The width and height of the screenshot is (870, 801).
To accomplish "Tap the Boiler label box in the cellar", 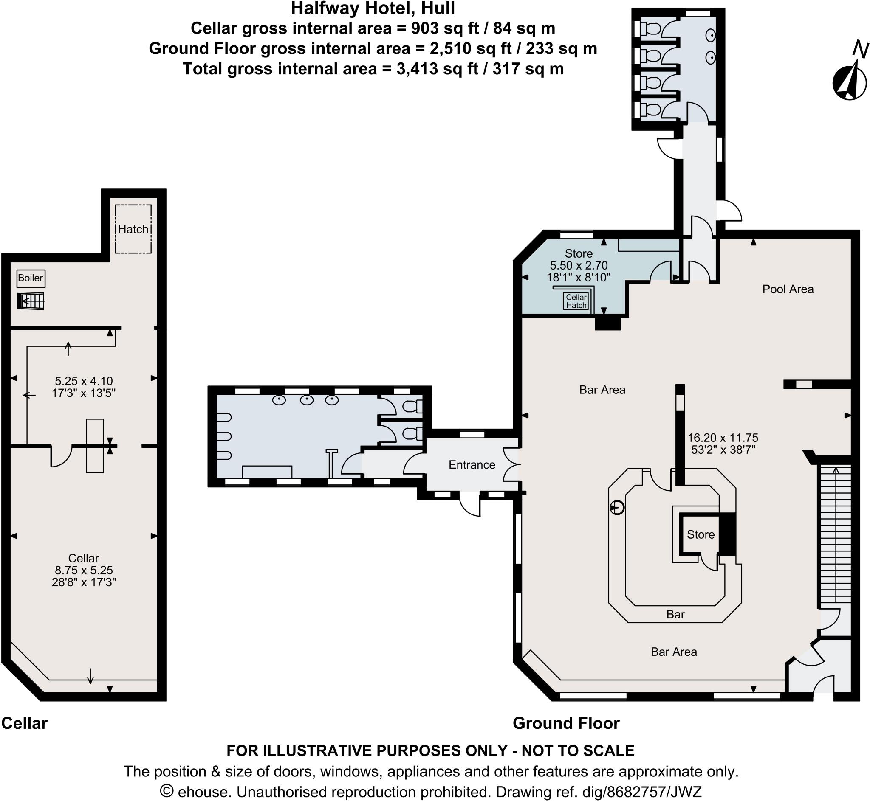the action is click(31, 278).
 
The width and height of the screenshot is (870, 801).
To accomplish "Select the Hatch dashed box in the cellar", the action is click(133, 229).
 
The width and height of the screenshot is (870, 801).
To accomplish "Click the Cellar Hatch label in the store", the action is click(576, 301).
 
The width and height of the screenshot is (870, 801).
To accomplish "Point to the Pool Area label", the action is click(788, 289).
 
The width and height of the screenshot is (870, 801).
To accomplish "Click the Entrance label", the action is click(472, 465).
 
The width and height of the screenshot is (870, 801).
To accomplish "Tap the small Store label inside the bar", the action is click(701, 534).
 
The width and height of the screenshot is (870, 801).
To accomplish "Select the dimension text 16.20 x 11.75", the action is click(723, 438).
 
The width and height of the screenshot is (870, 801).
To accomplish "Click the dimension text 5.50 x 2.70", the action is click(579, 265).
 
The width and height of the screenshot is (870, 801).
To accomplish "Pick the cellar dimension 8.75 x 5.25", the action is click(84, 570).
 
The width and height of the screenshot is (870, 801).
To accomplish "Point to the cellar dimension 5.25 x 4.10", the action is click(84, 381).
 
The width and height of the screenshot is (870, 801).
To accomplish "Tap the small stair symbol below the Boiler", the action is click(31, 301).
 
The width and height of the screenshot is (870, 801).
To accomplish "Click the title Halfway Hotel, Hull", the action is click(373, 8).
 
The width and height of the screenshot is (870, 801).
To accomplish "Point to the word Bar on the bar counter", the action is click(675, 614).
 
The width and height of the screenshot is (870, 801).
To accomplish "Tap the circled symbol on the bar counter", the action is click(617, 507).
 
